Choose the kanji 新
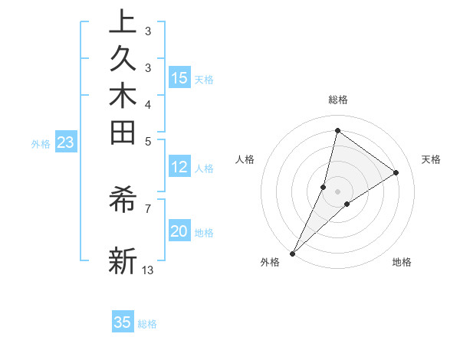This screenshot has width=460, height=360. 123,260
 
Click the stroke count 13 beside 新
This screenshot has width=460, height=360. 148,270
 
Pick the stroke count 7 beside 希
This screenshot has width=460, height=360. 148,208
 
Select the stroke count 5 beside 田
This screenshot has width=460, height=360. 148,140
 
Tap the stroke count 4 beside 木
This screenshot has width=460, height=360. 148,104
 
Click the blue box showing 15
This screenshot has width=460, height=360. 179,77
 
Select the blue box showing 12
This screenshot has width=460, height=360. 179,168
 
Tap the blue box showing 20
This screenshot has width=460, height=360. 179,231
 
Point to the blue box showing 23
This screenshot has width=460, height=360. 66,142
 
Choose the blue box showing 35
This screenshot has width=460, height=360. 123,322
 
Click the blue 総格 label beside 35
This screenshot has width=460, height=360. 148,324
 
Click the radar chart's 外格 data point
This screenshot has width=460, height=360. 293,253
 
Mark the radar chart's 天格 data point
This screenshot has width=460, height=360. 396,172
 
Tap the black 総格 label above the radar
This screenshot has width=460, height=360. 338,100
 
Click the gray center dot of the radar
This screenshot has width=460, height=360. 338,191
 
